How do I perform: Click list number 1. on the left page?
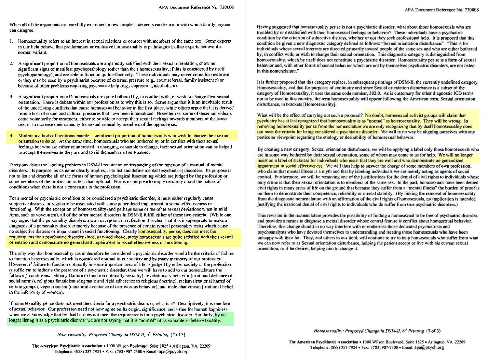(x=11, y=41)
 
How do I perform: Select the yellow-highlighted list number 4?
(x=11, y=136)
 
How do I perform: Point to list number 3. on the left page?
(x=11, y=97)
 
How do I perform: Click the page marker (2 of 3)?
(x=178, y=334)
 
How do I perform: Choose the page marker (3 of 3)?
(x=433, y=331)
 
